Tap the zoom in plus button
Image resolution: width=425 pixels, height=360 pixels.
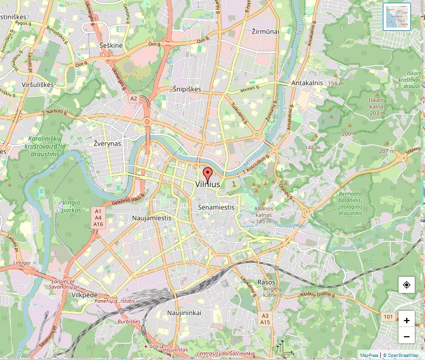pyautogui.click(x=406, y=320)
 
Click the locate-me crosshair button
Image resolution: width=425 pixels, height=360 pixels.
pyautogui.click(x=406, y=285)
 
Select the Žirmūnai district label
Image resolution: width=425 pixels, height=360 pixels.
pyautogui.click(x=265, y=31)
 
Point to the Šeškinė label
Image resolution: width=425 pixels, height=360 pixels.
pyautogui.click(x=112, y=45)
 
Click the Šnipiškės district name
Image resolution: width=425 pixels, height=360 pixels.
pyautogui.click(x=187, y=89)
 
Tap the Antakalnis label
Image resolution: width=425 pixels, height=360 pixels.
pyautogui.click(x=307, y=83)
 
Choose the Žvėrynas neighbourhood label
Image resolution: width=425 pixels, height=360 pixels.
pyautogui.click(x=107, y=143)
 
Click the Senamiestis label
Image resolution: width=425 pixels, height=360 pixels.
pyautogui.click(x=216, y=207)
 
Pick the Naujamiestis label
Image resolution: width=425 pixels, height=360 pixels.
pyautogui.click(x=151, y=218)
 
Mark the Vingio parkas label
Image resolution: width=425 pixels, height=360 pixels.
pyautogui.click(x=71, y=205)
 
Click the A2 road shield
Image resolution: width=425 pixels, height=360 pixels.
pyautogui.click(x=133, y=98)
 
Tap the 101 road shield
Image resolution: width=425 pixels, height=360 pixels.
pyautogui.click(x=387, y=316)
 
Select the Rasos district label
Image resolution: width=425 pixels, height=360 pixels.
pyautogui.click(x=266, y=282)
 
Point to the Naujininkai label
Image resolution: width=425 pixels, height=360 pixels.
pyautogui.click(x=184, y=313)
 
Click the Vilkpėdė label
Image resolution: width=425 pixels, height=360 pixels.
pyautogui.click(x=85, y=295)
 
